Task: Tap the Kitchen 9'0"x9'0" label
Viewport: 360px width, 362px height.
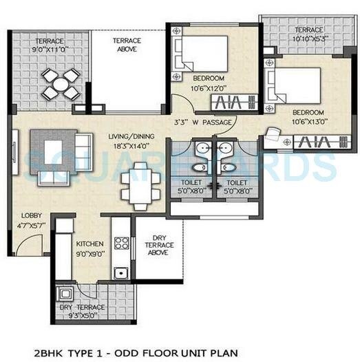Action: click(x=89, y=248)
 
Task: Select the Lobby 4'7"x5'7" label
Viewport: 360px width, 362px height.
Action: click(x=32, y=220)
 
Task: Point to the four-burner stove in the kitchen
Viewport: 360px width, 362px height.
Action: click(x=122, y=242)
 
